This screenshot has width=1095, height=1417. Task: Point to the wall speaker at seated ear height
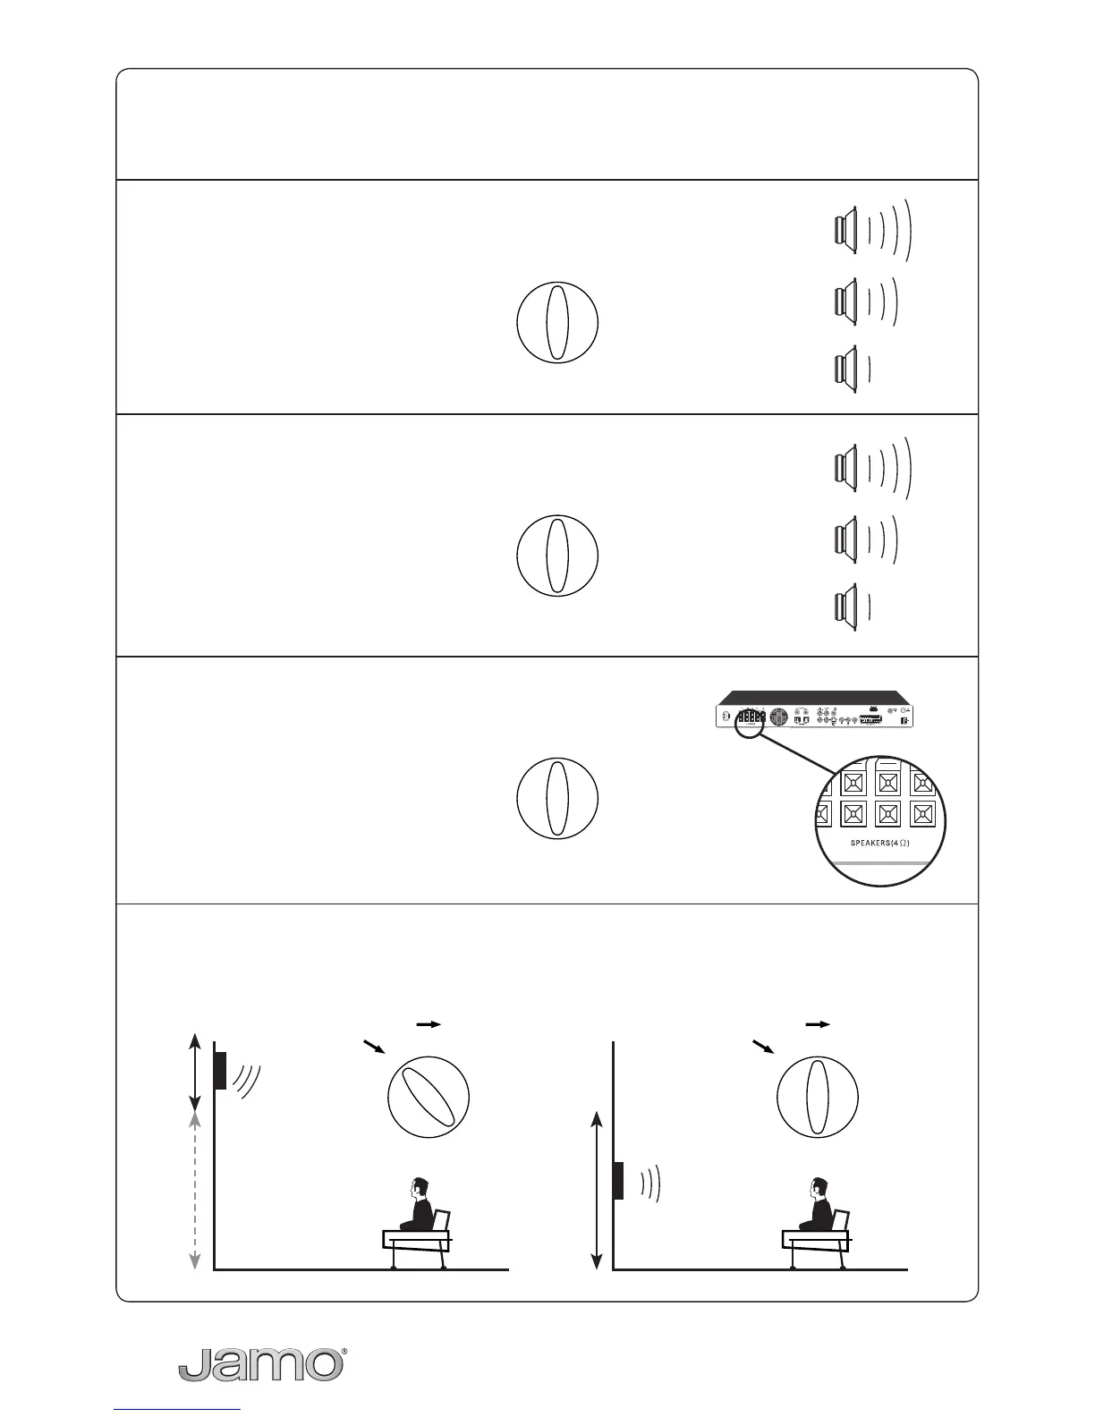coord(618,1179)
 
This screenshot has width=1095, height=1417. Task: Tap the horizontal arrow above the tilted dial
coord(430,1024)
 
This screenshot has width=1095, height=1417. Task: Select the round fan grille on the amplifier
coord(777,717)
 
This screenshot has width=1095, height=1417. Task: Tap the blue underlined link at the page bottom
coord(178,1411)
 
